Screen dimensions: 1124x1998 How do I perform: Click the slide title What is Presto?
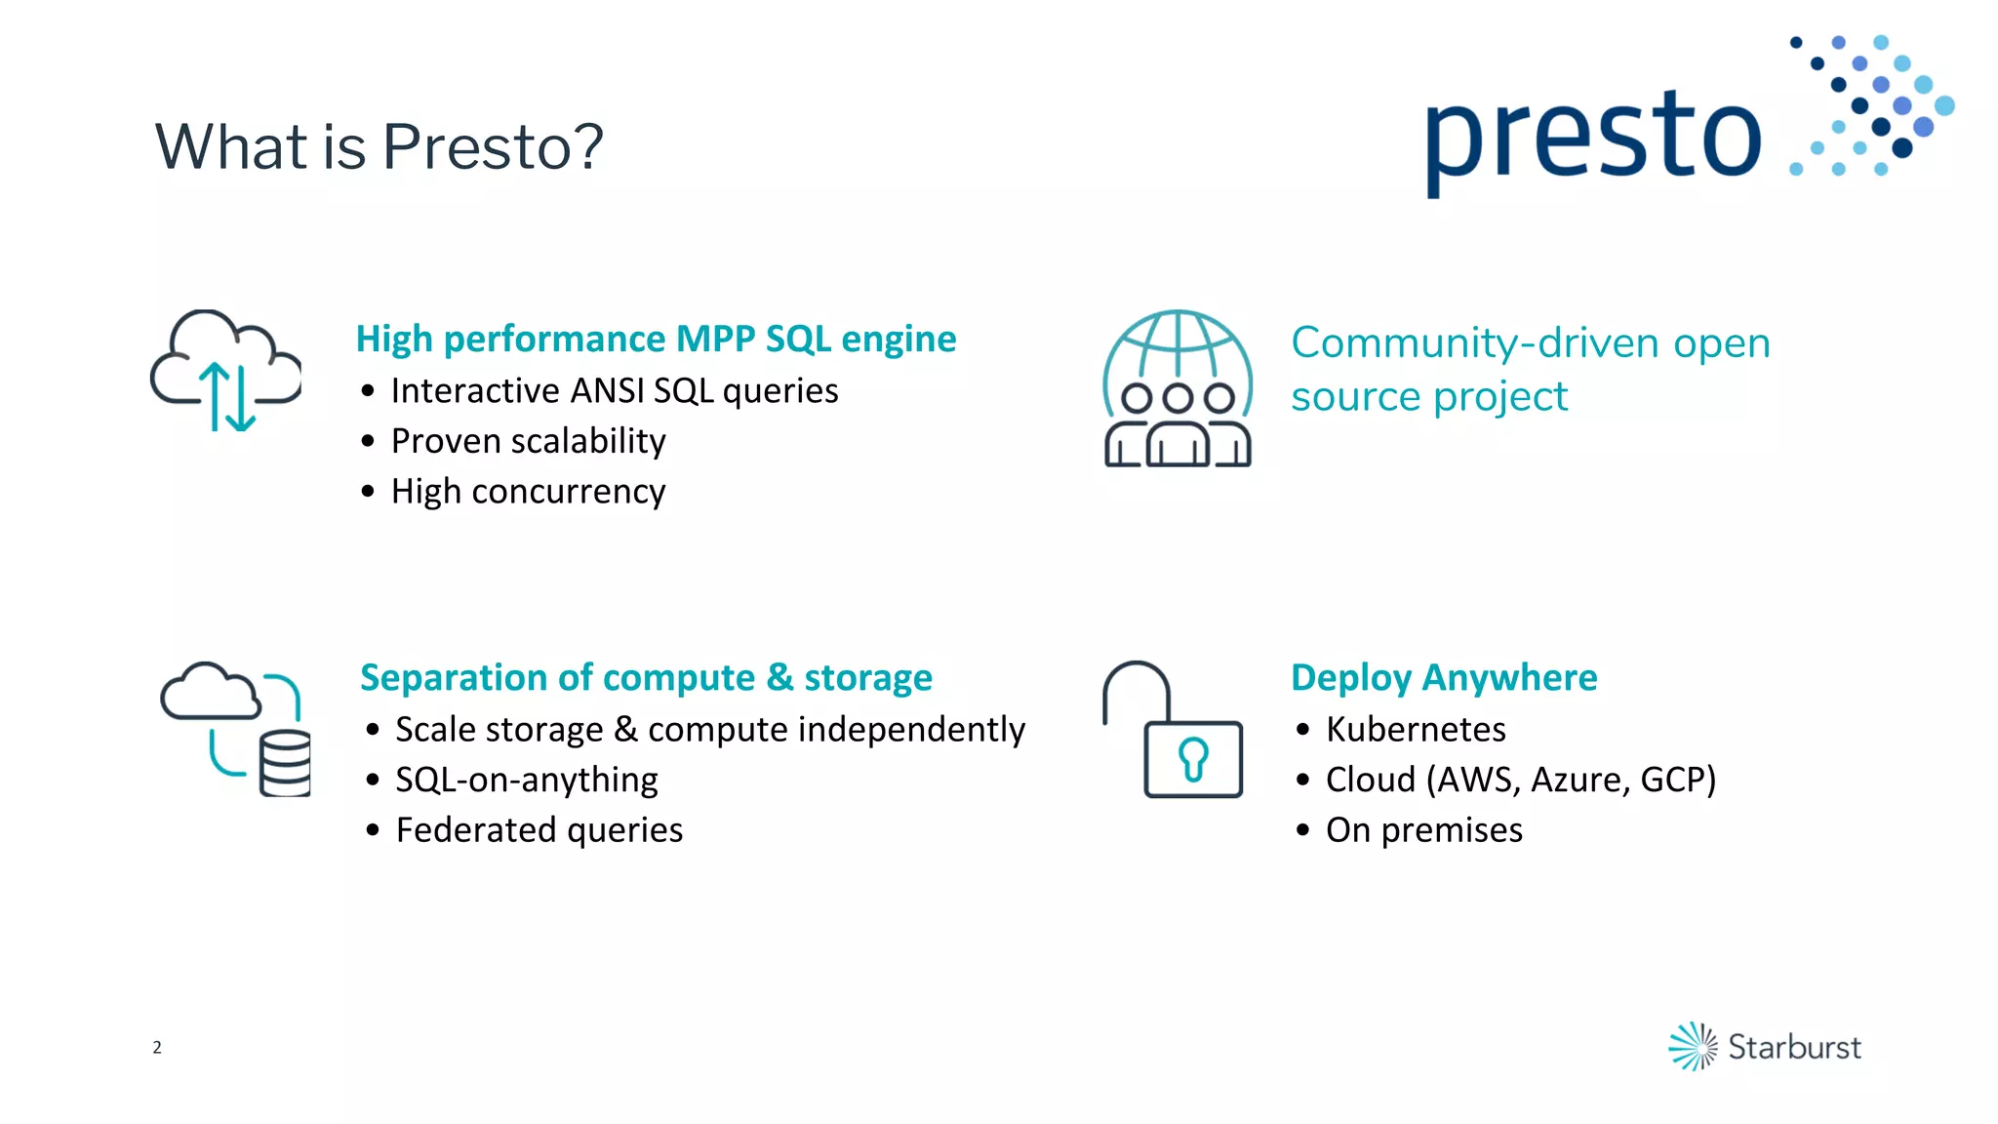pos(379,146)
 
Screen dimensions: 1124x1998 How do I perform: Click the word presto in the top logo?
pos(1592,137)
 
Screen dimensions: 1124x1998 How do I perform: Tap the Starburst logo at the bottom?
pos(1764,1046)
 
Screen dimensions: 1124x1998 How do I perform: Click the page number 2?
pos(157,1047)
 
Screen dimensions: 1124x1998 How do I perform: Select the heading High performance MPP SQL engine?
pos(656,339)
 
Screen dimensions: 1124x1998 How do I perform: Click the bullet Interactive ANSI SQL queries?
pos(614,390)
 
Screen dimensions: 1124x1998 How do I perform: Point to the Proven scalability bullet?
pos(528,441)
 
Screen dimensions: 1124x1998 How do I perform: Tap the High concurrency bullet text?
pos(528,491)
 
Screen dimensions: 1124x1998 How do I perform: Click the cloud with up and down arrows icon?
pos(226,371)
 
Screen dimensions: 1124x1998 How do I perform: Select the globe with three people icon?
pos(1178,388)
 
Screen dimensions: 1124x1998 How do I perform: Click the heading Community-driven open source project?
pos(1529,369)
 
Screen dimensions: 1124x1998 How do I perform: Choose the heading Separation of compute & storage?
pos(646,677)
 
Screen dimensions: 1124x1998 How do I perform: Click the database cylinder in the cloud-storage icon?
pos(285,763)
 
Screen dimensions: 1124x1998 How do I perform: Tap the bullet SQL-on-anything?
pos(526,780)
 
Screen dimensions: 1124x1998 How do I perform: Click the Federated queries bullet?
pos(539,830)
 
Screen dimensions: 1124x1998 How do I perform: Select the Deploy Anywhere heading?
pos(1443,677)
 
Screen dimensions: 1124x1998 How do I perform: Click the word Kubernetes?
pos(1415,729)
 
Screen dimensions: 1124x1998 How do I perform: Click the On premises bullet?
pos(1423,830)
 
